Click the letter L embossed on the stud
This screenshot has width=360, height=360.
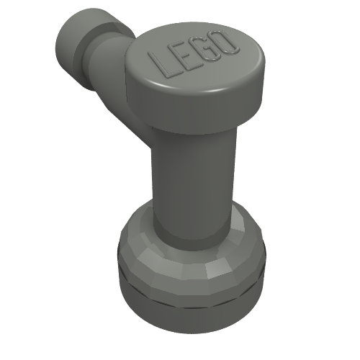pos(161,65)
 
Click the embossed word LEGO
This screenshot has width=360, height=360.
pos(194,54)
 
